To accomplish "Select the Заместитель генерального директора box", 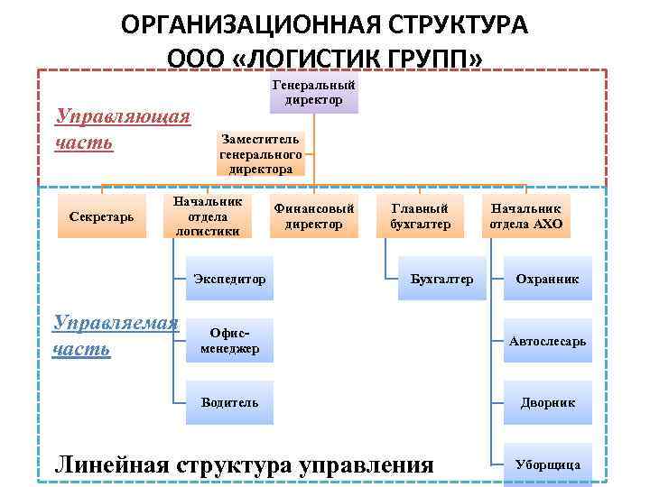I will click(261, 153).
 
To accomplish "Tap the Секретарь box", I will click(102, 216).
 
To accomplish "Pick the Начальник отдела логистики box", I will click(208, 216).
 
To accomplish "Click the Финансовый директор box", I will click(313, 216).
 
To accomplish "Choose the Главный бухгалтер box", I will click(420, 216).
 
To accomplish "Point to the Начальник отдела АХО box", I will click(525, 216).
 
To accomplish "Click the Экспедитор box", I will click(229, 279).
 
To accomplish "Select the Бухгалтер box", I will click(441, 279).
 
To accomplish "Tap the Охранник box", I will click(547, 279).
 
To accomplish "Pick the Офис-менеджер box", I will click(229, 341).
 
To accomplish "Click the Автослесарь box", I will click(547, 341).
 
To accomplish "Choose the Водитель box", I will click(229, 402).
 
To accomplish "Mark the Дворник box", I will click(547, 402).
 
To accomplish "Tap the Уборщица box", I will click(547, 464).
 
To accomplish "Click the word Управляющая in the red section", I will click(123, 116).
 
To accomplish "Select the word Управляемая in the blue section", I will click(116, 323).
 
